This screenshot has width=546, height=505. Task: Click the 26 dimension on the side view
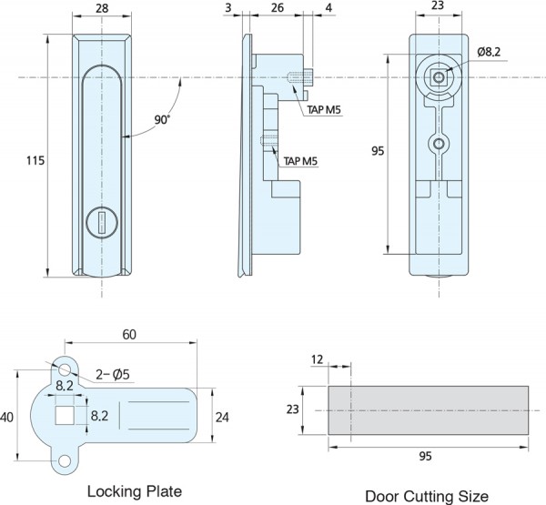pos(278,8)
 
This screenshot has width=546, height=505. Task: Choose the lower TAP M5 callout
pos(301,160)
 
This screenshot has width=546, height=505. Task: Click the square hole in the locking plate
pos(65,416)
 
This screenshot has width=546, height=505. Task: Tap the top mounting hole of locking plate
pos(64,369)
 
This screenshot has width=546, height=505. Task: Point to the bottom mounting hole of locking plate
pos(65,461)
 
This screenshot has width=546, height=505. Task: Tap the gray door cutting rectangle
pos(427,410)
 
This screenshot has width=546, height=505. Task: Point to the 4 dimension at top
pos(329,8)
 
